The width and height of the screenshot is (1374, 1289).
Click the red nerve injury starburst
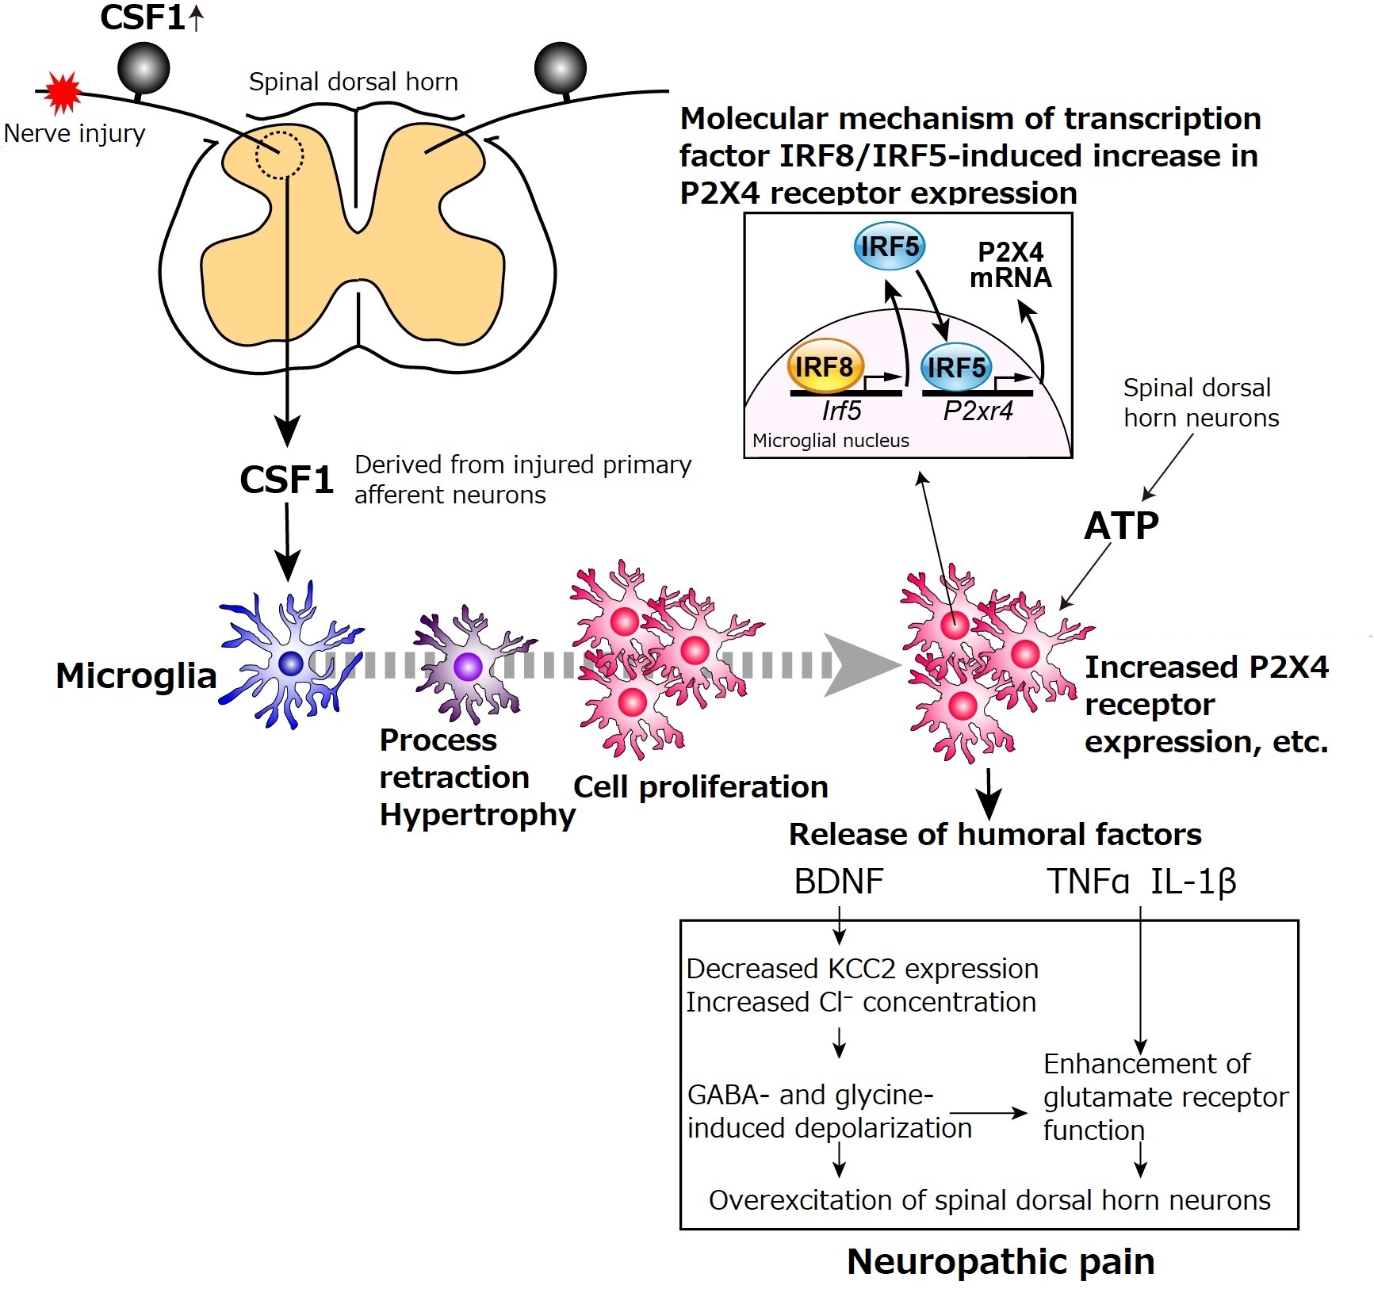point(63,93)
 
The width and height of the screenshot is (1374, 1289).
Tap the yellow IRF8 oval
point(825,367)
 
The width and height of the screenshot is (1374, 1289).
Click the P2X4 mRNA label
point(1011,265)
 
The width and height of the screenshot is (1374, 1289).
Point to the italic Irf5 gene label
point(841,411)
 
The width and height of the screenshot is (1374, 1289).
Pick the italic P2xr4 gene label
point(978,411)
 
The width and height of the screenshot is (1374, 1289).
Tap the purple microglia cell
point(469,666)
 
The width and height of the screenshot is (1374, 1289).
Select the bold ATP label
point(1121,526)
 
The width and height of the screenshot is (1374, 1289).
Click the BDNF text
point(839,882)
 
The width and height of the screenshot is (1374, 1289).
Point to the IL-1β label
point(1193,882)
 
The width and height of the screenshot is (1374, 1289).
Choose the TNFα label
point(1088,882)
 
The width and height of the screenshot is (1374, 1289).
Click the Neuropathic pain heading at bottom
point(1001,1261)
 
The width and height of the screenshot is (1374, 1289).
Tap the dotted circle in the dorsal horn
point(279,155)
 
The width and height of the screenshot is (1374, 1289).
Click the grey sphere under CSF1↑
point(144,68)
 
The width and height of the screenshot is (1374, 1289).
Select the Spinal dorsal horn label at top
point(354,82)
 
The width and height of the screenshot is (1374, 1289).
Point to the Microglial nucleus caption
point(830,441)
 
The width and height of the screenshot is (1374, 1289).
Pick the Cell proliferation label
point(701,787)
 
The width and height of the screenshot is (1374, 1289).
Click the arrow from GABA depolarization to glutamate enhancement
point(989,1113)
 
